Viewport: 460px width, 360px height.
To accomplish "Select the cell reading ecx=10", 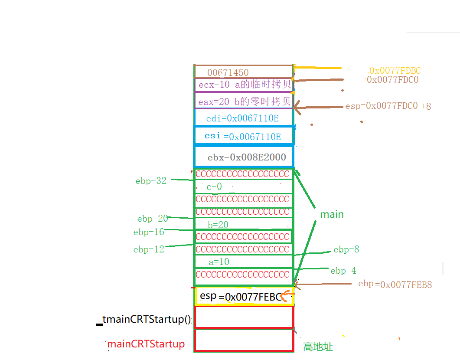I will click(x=244, y=85).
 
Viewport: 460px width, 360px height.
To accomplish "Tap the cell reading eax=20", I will click(x=244, y=102).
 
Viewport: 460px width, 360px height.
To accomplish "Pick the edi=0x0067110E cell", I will click(x=243, y=118).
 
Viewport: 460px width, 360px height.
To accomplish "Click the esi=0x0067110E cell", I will click(x=243, y=136).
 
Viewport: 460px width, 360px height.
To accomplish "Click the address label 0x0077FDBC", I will click(x=394, y=70).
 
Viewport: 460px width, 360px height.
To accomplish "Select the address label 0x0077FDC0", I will click(x=392, y=80).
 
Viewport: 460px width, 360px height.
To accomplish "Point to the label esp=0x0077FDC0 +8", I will click(x=388, y=106).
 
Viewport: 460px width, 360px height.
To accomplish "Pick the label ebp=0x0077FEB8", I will click(x=395, y=285).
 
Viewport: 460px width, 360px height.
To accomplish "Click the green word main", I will click(x=332, y=214).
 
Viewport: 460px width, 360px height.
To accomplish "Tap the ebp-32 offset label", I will click(x=151, y=181).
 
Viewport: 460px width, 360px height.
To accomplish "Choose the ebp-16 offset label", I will click(x=149, y=232).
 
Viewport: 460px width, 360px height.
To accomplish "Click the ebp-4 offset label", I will click(x=343, y=271).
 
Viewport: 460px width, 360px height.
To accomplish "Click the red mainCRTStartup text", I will click(x=146, y=344).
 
